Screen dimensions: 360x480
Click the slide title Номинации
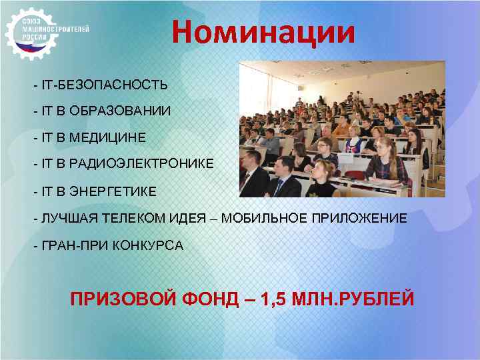coord(263,32)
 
